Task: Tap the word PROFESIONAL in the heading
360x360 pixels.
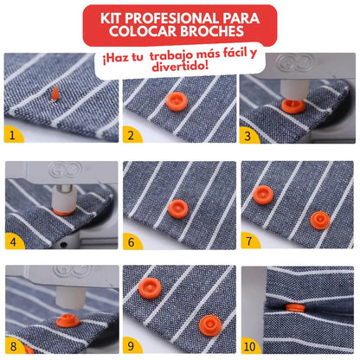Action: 177,18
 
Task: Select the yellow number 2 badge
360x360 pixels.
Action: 132,135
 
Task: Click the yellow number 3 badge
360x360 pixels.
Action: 249,135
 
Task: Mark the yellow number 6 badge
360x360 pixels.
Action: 132,243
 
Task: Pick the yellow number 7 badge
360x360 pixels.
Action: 249,243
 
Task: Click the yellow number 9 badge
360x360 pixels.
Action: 132,346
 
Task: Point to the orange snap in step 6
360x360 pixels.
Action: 177,208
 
